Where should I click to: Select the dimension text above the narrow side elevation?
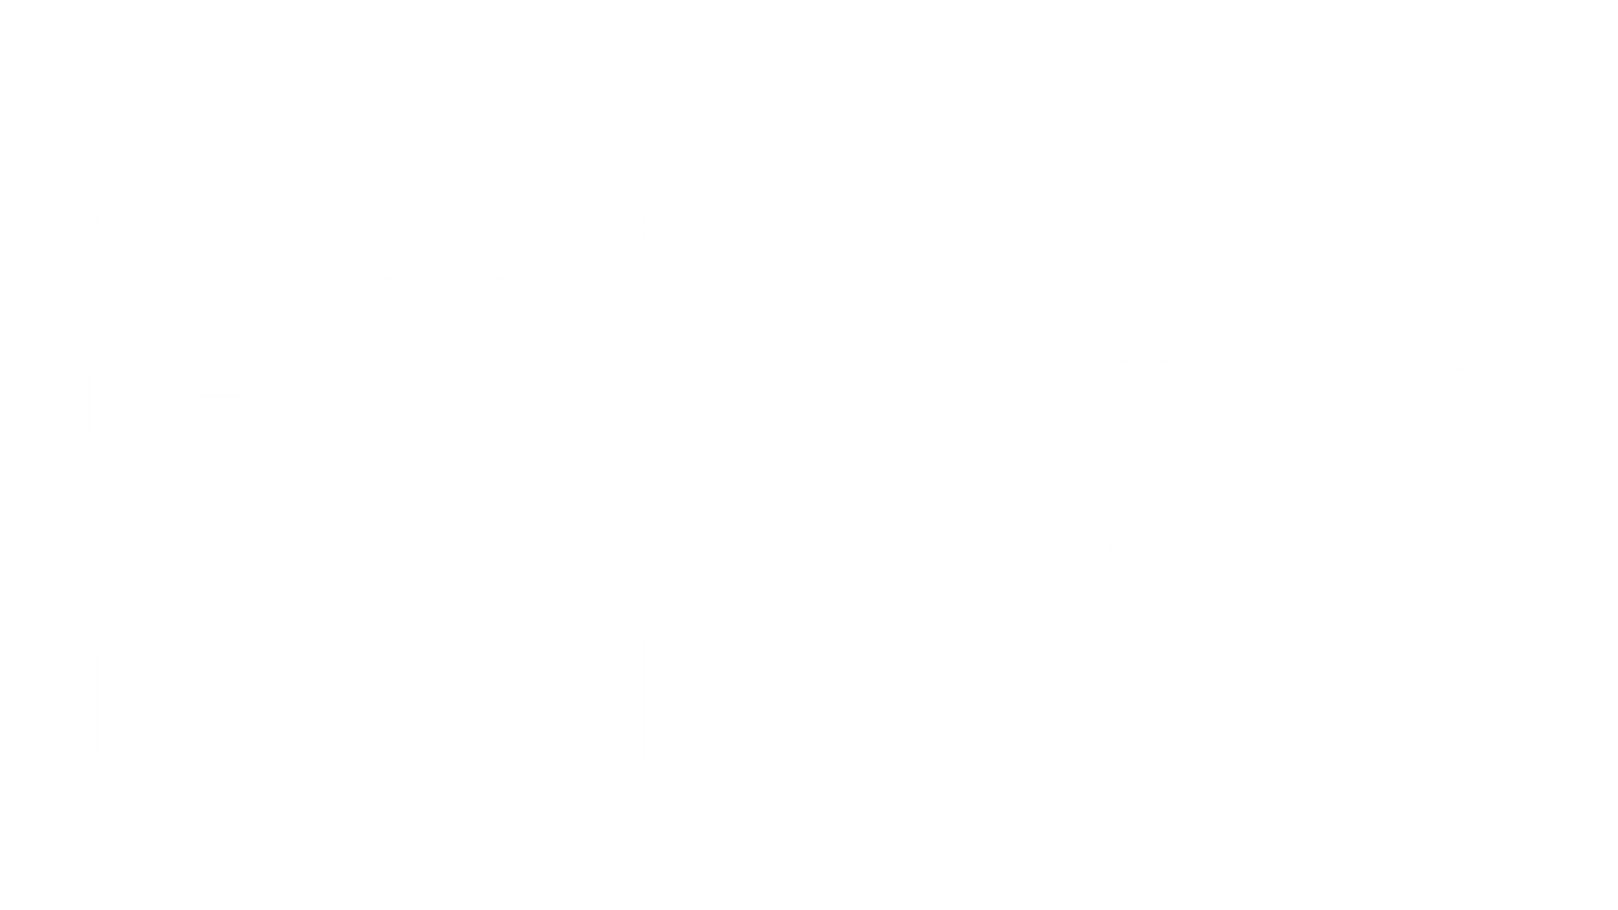pyautogui.click(x=822, y=139)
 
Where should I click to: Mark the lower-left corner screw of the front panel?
pyautogui.click(x=160, y=408)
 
